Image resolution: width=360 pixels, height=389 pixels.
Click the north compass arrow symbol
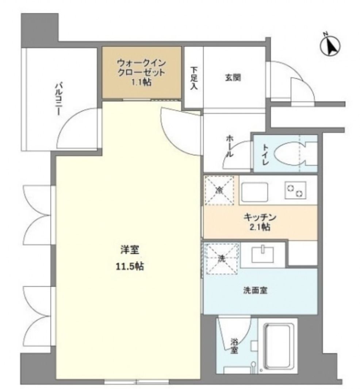click(330, 45)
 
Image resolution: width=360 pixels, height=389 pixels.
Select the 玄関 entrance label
click(233, 77)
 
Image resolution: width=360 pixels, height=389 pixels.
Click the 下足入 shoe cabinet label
click(194, 78)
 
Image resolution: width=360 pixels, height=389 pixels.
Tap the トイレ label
click(265, 154)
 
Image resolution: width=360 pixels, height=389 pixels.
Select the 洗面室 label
click(256, 290)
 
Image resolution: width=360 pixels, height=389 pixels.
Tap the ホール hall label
click(230, 146)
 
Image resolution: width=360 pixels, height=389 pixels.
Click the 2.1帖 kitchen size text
click(260, 228)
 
